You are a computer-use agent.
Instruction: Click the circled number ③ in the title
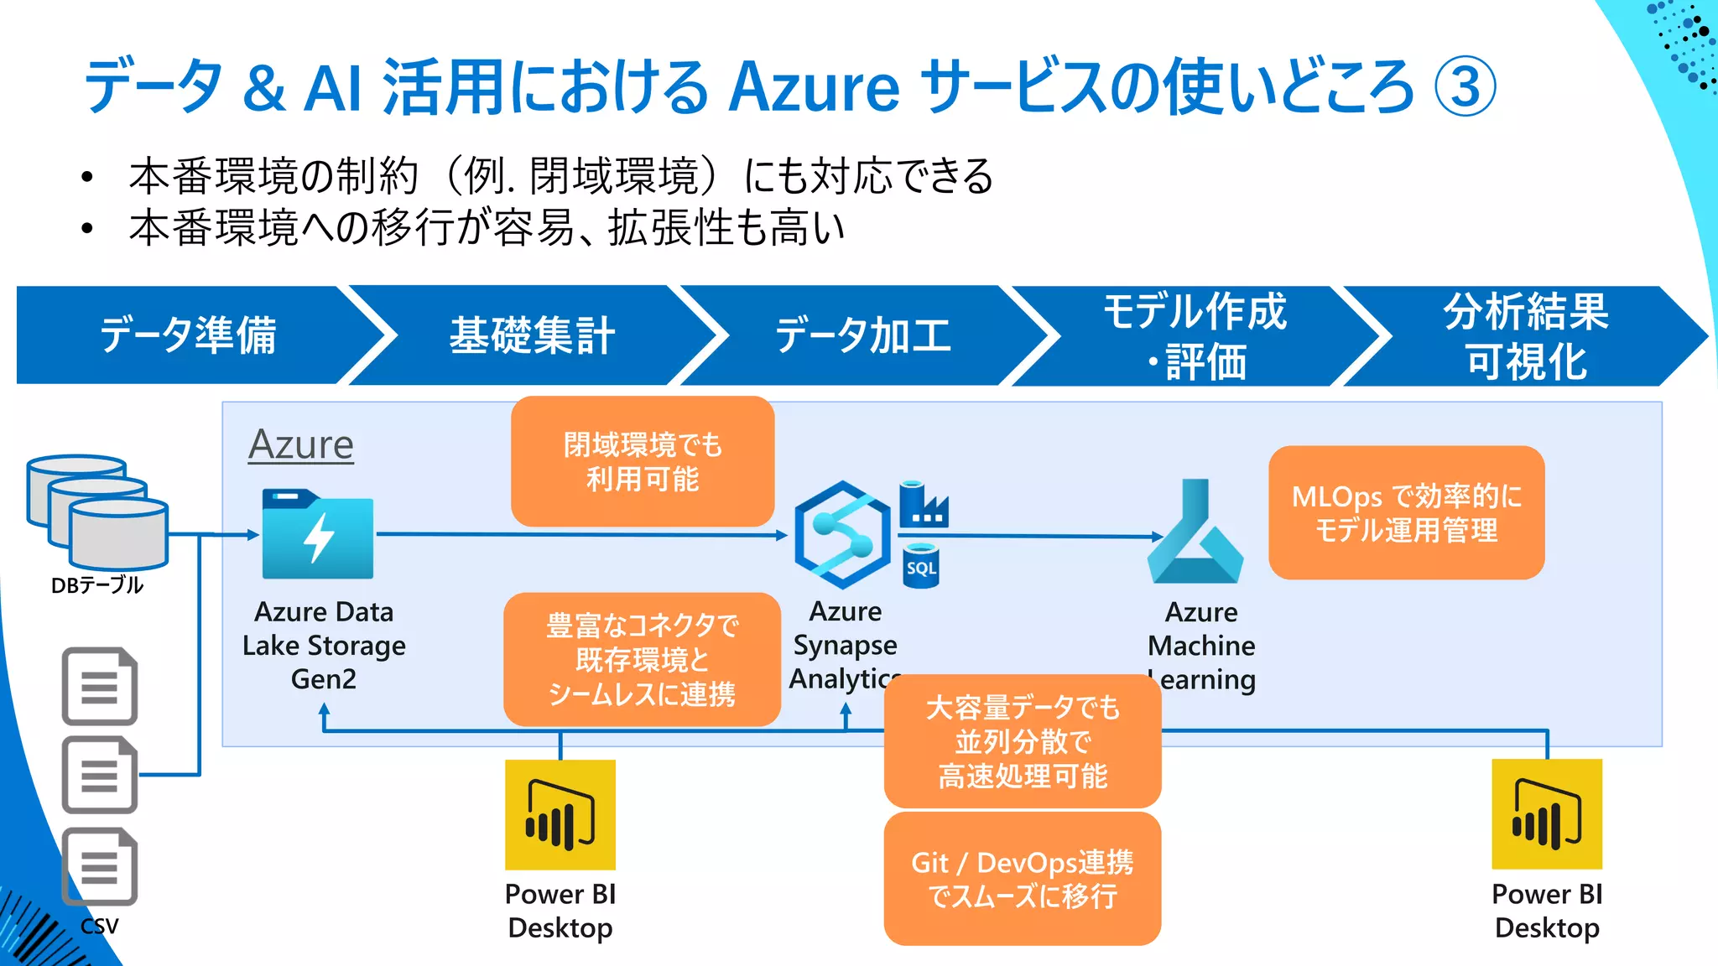(1465, 86)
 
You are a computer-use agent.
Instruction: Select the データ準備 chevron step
(189, 335)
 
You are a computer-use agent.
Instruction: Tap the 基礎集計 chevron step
(532, 335)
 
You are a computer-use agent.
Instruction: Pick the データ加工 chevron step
(862, 335)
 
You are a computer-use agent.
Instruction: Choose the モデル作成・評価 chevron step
(1195, 335)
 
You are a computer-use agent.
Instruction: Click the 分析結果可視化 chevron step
(1525, 335)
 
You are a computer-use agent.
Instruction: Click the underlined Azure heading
(301, 444)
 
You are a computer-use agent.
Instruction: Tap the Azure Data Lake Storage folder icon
(317, 534)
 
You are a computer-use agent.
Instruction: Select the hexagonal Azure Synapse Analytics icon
(841, 534)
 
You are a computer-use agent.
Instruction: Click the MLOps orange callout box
(1406, 512)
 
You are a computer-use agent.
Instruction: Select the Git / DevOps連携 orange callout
(1022, 878)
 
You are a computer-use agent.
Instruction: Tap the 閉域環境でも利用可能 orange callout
(642, 461)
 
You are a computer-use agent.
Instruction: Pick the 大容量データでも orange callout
(1022, 741)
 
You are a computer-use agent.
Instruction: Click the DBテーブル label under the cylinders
(97, 585)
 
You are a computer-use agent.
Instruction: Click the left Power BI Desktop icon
(560, 814)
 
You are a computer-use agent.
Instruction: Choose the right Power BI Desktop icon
(1546, 814)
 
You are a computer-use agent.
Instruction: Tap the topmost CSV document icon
(100, 686)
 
